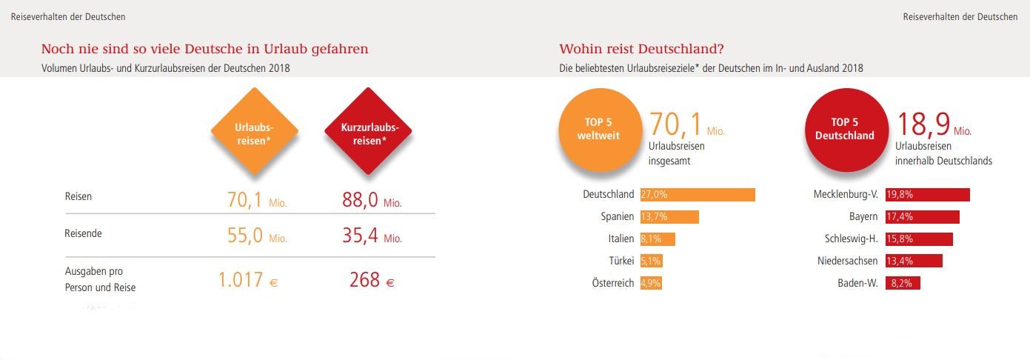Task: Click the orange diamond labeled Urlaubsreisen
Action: [255, 132]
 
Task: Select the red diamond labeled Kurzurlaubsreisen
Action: [368, 132]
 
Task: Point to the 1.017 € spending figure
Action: [248, 280]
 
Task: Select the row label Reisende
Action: [84, 233]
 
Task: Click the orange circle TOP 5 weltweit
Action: [599, 129]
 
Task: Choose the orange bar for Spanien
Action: [669, 217]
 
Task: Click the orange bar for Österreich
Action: [651, 283]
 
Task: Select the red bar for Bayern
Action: [922, 217]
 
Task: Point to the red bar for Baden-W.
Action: [903, 283]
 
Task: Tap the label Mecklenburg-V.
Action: [845, 195]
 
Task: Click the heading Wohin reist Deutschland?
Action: [641, 49]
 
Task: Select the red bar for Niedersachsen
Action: [914, 261]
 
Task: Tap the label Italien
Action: [621, 239]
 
